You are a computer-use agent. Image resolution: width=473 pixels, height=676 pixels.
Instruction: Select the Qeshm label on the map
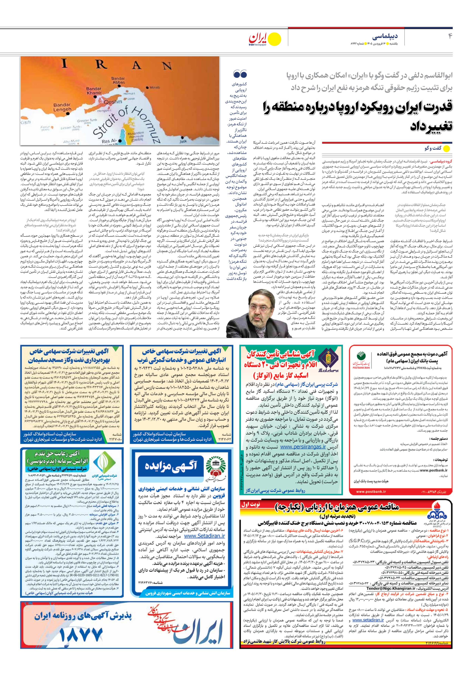[x=113, y=102]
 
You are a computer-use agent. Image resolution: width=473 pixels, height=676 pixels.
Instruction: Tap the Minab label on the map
[x=155, y=87]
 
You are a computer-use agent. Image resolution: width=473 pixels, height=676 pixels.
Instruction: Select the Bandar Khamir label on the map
[x=94, y=91]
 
